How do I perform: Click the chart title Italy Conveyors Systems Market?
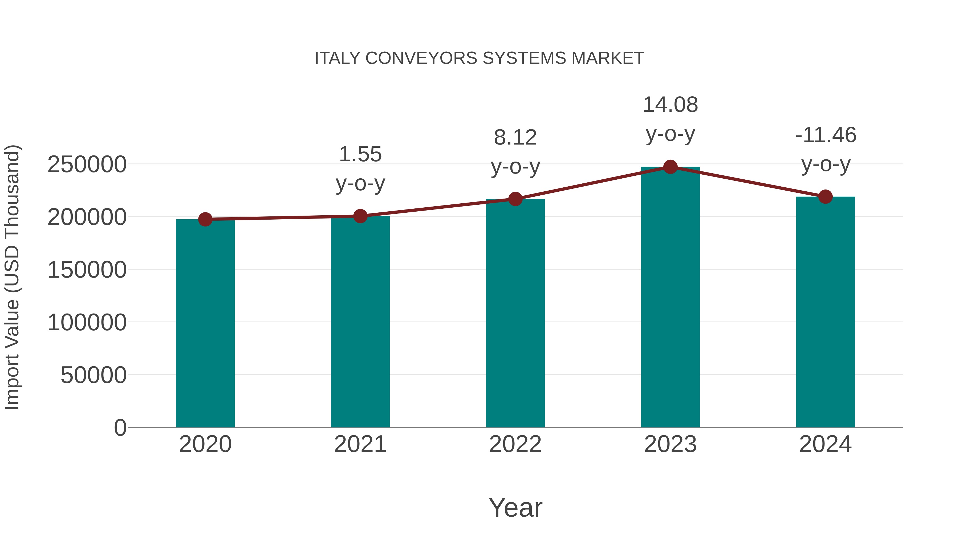pyautogui.click(x=479, y=58)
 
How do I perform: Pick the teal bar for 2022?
pyautogui.click(x=515, y=313)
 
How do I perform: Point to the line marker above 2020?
pyautogui.click(x=205, y=220)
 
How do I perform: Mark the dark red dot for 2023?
pyautogui.click(x=670, y=167)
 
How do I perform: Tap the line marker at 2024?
pyautogui.click(x=825, y=197)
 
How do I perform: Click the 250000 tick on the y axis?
pyautogui.click(x=87, y=164)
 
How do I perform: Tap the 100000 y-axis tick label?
pyautogui.click(x=87, y=322)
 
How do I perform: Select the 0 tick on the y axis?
pyautogui.click(x=120, y=427)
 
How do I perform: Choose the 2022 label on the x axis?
pyautogui.click(x=515, y=444)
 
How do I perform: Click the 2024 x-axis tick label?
pyautogui.click(x=825, y=444)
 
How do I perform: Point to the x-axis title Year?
pyautogui.click(x=515, y=507)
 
